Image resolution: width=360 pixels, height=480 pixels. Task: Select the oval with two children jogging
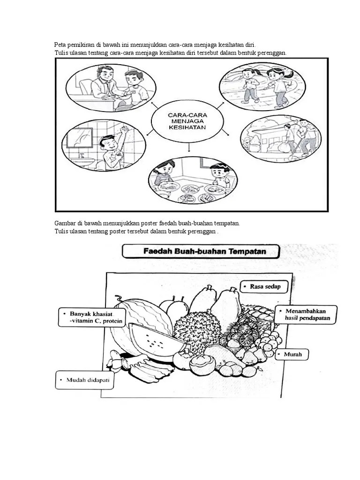coord(262,85)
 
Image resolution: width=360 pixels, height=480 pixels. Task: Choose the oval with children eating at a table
coord(193,180)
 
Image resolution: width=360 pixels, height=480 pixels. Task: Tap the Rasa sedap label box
coord(262,286)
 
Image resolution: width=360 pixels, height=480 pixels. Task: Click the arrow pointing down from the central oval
coord(189,148)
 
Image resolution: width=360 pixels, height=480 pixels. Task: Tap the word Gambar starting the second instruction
coord(64,224)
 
